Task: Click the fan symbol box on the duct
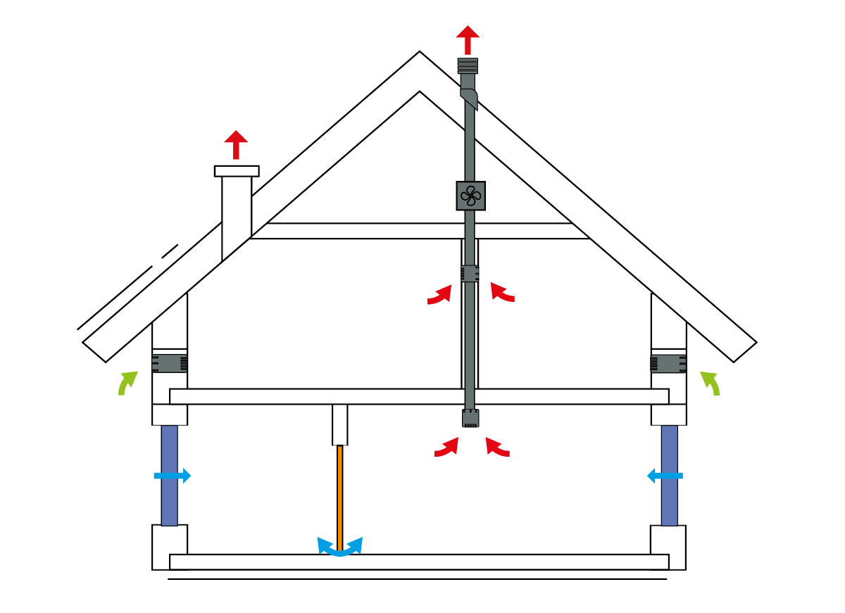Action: [x=470, y=196]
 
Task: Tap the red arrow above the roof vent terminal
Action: [x=468, y=39]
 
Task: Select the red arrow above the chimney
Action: [x=237, y=144]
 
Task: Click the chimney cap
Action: [x=237, y=171]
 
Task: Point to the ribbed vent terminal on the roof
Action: [x=468, y=66]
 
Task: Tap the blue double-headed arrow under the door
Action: [x=340, y=547]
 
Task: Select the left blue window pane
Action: [x=169, y=475]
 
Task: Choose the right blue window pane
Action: [x=669, y=475]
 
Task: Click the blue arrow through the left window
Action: [x=173, y=476]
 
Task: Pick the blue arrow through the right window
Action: [x=665, y=476]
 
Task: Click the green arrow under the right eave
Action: [x=710, y=382]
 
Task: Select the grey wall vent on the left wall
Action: [x=170, y=363]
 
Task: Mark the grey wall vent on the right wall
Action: [x=668, y=363]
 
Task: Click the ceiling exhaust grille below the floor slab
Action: [x=470, y=418]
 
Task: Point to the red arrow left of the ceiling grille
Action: [x=446, y=448]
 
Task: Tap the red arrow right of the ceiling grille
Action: [x=497, y=448]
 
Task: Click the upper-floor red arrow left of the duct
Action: [x=439, y=295]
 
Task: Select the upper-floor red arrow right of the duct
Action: [x=502, y=292]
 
